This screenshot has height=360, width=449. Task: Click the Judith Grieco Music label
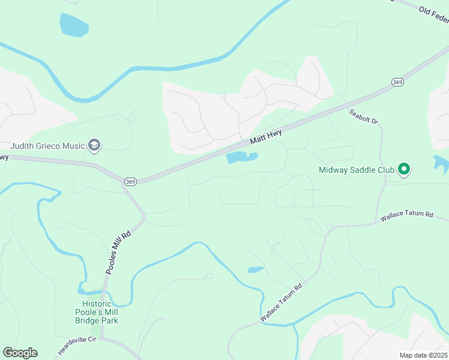tap(47, 146)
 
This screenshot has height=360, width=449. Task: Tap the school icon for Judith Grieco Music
tap(94, 145)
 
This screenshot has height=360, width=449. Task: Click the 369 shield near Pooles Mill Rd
tap(130, 181)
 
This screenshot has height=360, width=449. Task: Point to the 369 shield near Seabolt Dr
tap(397, 82)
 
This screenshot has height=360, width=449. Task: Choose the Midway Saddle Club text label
tap(356, 170)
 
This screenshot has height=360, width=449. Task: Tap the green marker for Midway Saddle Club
tap(404, 170)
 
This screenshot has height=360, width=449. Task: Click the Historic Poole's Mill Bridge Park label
tap(97, 312)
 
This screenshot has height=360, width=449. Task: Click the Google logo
tap(20, 352)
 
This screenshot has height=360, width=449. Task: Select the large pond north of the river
tap(74, 25)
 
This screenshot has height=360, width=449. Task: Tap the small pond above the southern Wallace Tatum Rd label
tap(256, 269)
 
